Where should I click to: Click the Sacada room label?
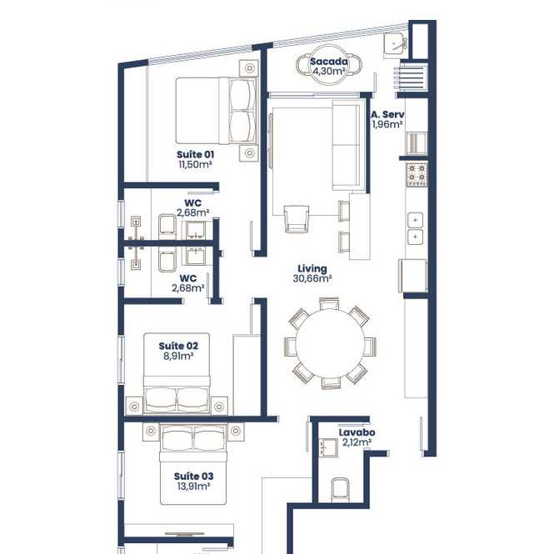329,62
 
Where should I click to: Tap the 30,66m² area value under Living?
312,279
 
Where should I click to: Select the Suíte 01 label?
196,154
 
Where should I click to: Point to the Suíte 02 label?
178,346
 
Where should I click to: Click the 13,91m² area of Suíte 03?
193,487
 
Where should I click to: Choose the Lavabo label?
357,432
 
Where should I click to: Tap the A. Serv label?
387,114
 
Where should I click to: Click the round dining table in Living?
331,343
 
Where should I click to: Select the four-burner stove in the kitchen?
417,175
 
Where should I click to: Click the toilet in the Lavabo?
340,490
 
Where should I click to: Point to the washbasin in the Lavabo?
328,447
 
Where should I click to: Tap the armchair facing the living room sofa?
297,219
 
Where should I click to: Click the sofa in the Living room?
348,145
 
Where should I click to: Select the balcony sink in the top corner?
394,44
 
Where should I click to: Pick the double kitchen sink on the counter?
415,228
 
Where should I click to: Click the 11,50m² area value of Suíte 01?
196,164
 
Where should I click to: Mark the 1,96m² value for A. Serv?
387,124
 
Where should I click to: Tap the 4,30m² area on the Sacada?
329,71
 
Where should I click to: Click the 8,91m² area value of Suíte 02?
178,356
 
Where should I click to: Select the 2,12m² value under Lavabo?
357,442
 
